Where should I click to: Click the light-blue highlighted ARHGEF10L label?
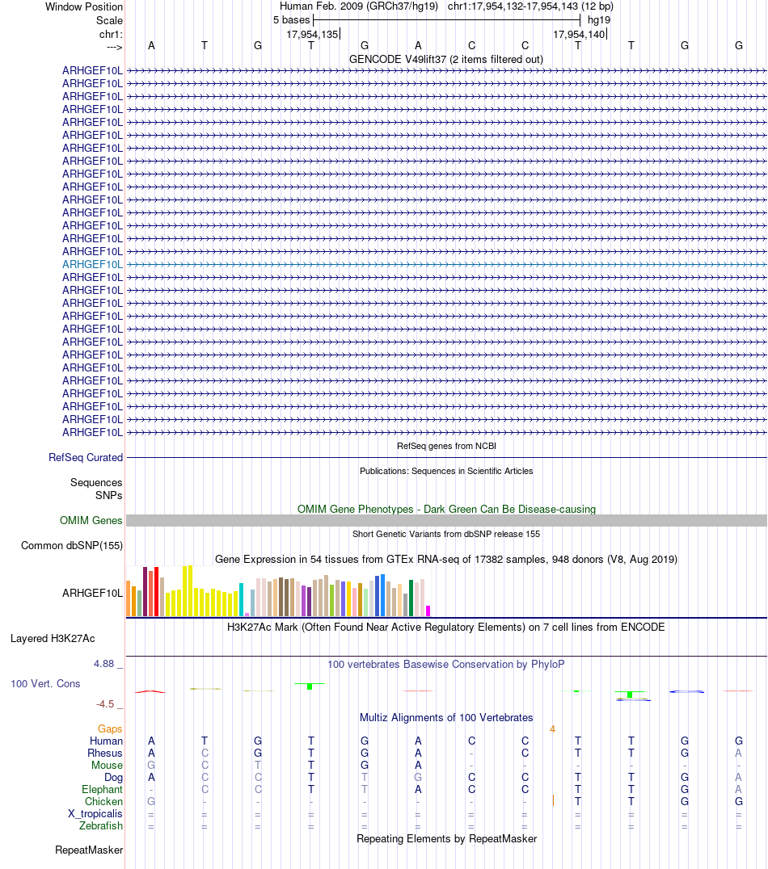[x=93, y=264]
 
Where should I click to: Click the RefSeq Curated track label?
[x=86, y=457]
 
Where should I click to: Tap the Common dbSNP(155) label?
[x=72, y=546]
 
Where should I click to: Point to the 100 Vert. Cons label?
[x=45, y=684]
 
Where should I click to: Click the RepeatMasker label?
[x=89, y=850]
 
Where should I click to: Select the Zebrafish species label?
[x=101, y=826]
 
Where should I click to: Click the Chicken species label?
[x=103, y=801]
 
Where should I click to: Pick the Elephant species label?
[x=102, y=789]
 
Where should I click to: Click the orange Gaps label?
[x=110, y=728]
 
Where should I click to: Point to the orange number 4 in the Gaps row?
[x=553, y=728]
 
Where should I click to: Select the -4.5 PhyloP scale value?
[x=108, y=703]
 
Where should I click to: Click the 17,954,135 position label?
[x=312, y=34]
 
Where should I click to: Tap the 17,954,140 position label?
[x=579, y=34]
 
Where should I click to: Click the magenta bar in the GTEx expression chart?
[x=428, y=611]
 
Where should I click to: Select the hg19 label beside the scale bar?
[x=599, y=19]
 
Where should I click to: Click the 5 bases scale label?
[x=291, y=19]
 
